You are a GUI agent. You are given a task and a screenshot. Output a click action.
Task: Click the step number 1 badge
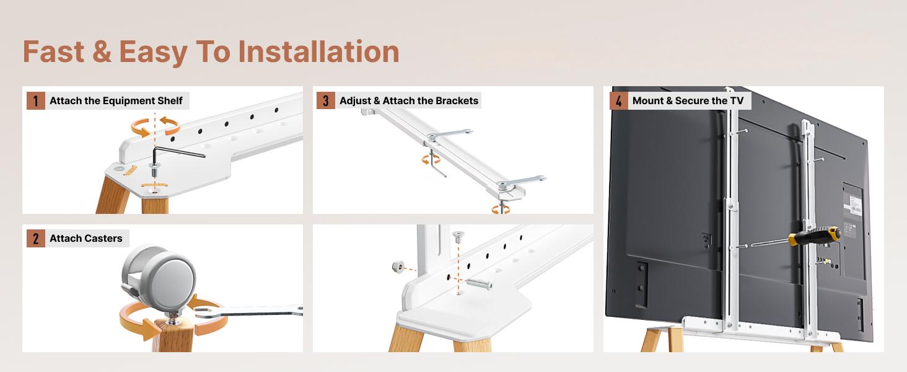click(36, 100)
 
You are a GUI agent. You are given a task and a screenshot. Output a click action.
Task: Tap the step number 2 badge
click(36, 238)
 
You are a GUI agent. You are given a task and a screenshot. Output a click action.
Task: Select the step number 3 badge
click(325, 100)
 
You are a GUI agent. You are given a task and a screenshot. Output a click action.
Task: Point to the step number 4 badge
click(619, 100)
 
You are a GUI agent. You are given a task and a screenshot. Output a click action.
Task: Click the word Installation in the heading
click(318, 51)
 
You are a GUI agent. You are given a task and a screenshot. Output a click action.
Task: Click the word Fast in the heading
click(53, 51)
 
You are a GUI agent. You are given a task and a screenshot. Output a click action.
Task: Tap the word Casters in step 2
click(103, 238)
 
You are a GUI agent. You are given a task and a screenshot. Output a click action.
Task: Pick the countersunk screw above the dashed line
click(458, 236)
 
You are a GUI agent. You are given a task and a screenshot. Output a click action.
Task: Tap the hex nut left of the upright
click(398, 267)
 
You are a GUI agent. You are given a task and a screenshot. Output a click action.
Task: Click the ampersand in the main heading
click(102, 51)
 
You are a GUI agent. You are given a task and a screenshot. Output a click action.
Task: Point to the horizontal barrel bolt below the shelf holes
click(479, 284)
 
